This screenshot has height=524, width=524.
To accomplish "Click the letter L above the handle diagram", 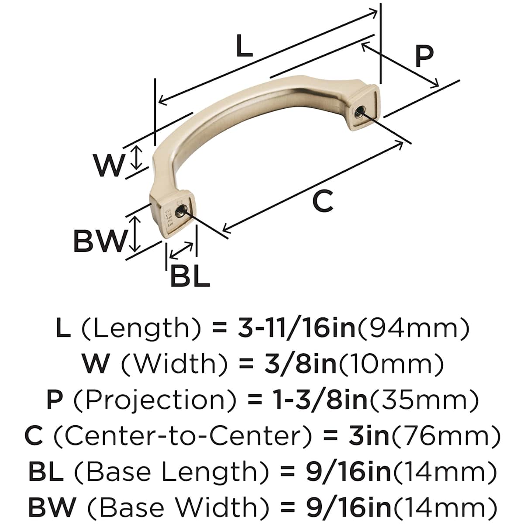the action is pos(244,46).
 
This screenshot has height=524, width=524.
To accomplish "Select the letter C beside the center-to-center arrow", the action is pos(323,201).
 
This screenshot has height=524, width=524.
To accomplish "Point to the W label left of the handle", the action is pos(108,165).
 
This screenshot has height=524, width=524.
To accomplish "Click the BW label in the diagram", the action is pos(100,241).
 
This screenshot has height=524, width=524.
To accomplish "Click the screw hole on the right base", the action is pos(360,110).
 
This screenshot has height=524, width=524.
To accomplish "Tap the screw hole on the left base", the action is pos(180,210).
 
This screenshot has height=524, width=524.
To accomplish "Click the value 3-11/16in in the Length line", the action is pos(296,328).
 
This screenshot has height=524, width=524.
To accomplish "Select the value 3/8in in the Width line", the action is pos(300,364).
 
